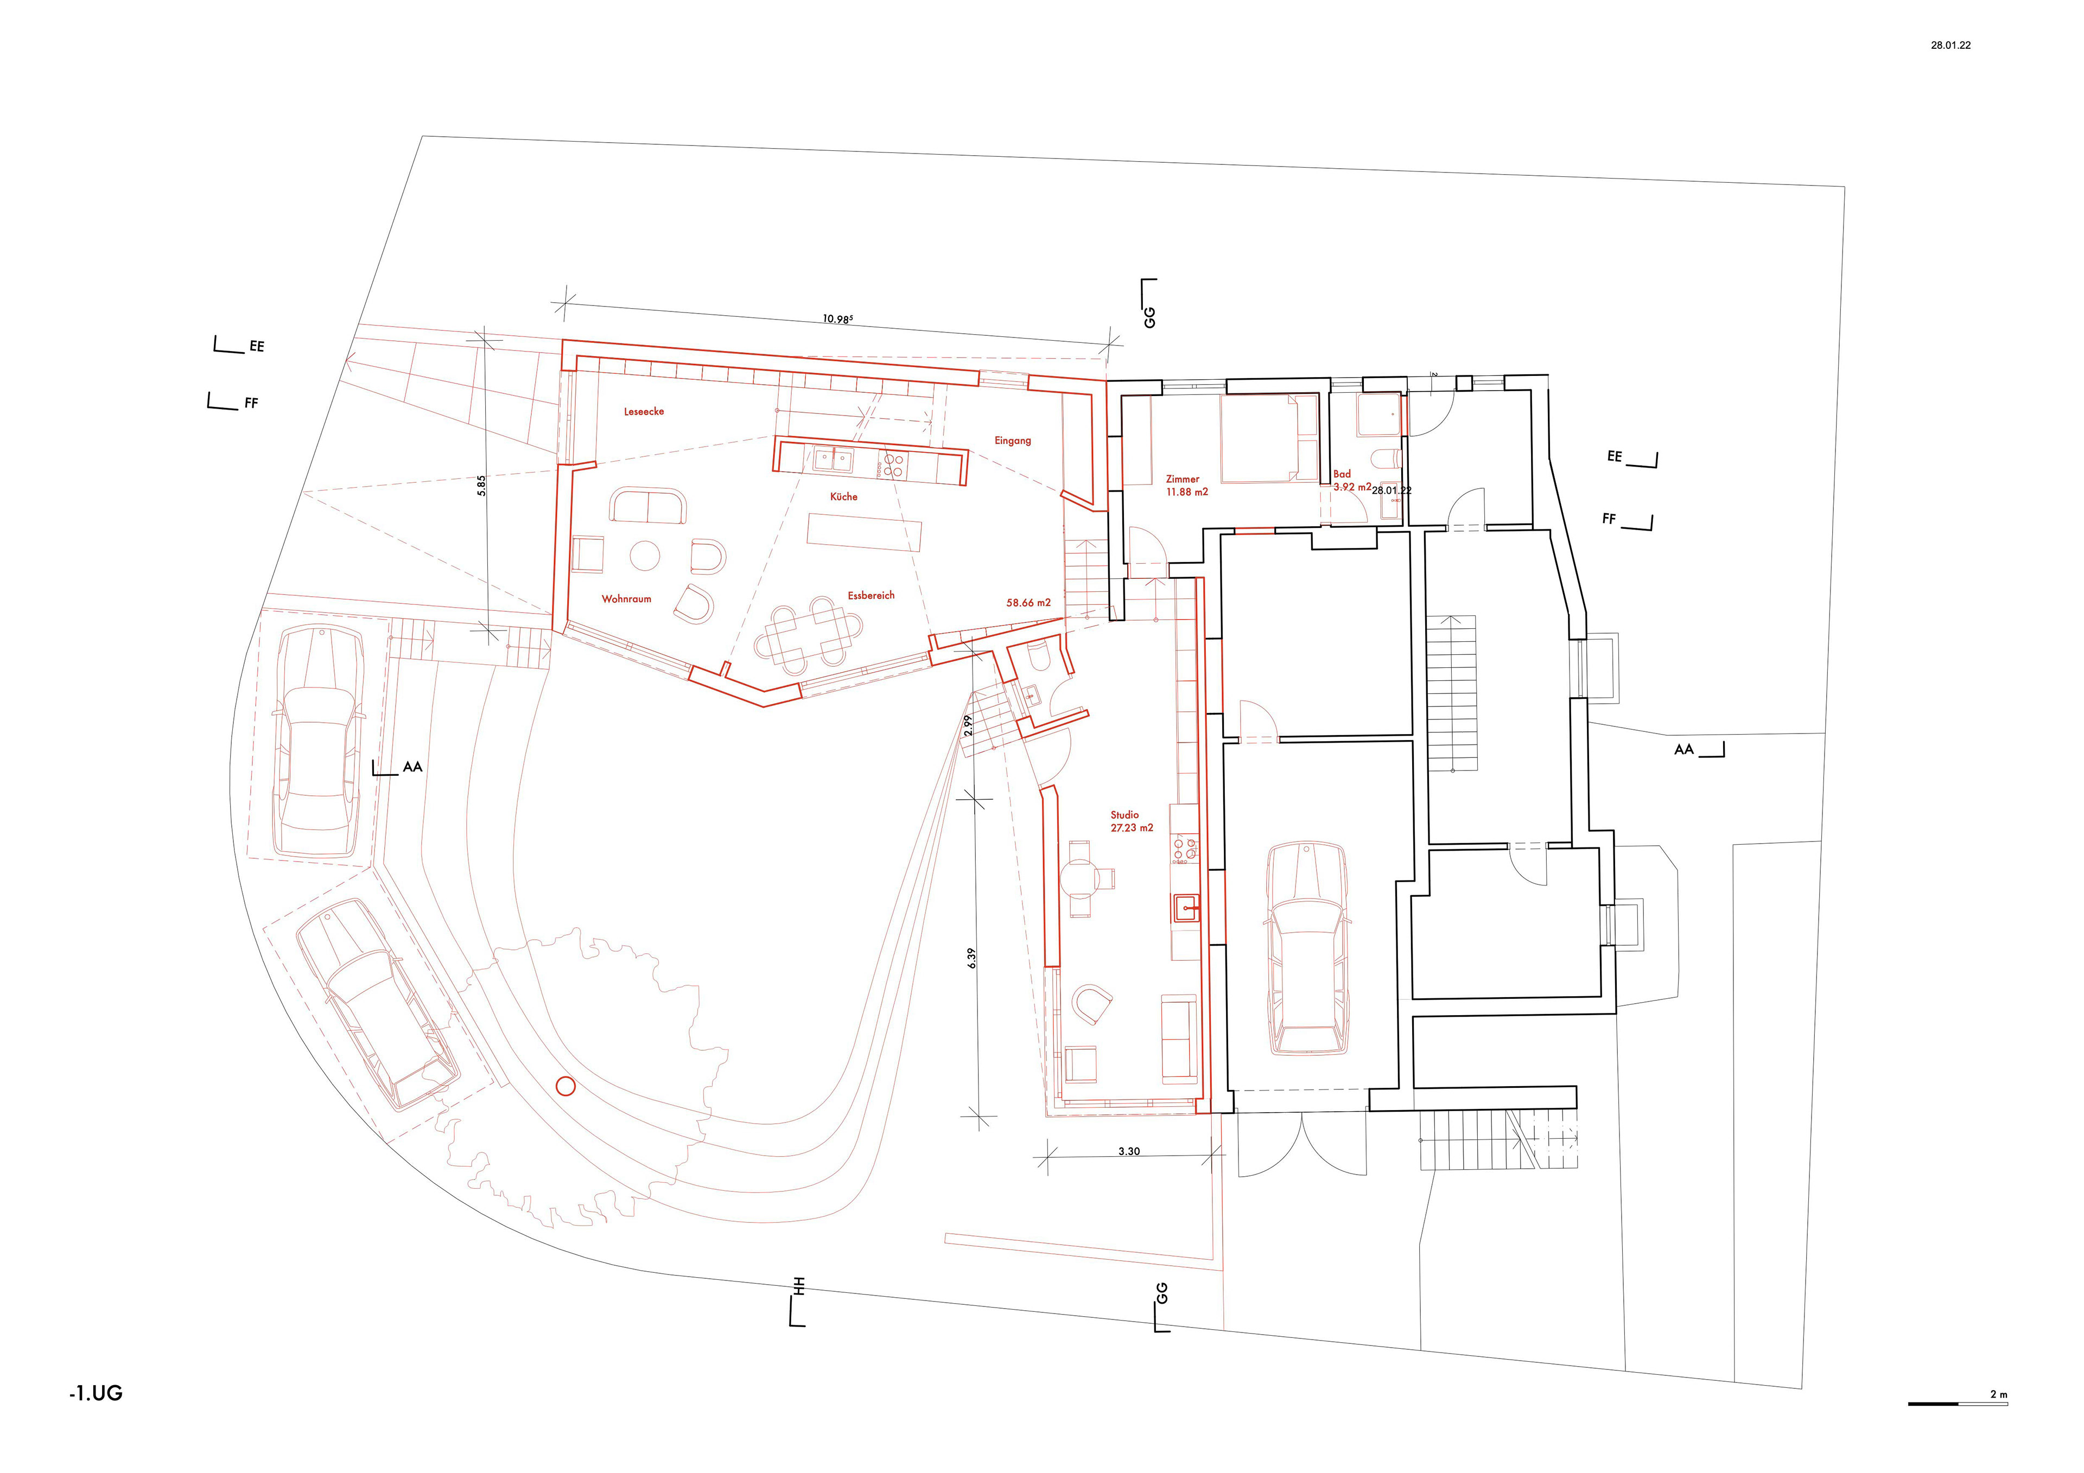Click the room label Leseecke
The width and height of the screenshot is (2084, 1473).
click(x=644, y=411)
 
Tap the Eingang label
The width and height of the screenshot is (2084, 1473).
click(x=1012, y=440)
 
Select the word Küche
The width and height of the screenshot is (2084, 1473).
click(x=843, y=496)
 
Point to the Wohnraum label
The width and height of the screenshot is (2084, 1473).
click(x=626, y=599)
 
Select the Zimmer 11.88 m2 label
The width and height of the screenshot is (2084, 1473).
click(x=1186, y=486)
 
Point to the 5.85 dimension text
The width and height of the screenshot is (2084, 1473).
click(x=482, y=486)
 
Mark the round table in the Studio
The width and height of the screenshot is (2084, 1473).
click(x=1079, y=878)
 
